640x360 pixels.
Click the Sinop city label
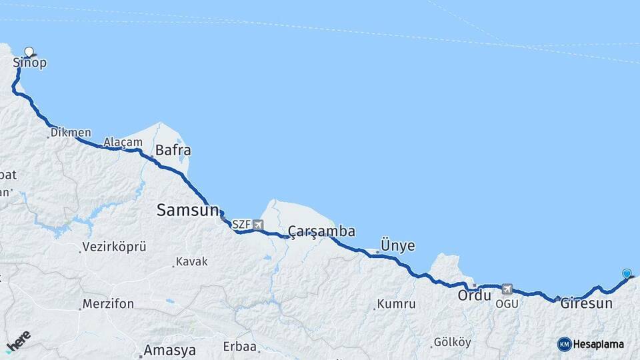click(30, 63)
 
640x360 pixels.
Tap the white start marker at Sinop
click(29, 51)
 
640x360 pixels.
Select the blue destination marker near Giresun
click(626, 273)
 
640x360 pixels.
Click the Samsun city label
click(187, 210)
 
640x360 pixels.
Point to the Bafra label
click(173, 150)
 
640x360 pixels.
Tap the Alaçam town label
click(123, 142)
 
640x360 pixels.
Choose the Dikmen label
click(72, 132)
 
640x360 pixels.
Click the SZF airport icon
click(258, 225)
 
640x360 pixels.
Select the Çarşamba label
click(321, 231)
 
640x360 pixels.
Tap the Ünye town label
click(397, 245)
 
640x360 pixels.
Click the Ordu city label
click(475, 295)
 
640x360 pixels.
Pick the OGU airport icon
click(508, 289)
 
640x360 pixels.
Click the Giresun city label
click(587, 303)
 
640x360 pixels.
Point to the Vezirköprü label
click(114, 247)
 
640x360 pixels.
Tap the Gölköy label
click(453, 342)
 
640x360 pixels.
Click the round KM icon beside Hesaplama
click(565, 344)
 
